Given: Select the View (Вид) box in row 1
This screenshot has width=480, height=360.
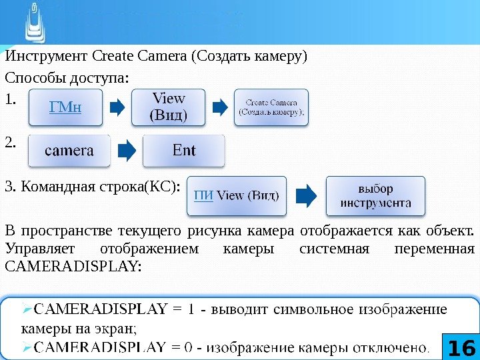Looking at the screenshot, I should [169, 107].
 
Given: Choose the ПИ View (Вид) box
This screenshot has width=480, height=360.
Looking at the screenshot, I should [237, 195].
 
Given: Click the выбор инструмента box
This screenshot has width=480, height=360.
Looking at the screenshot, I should [375, 195].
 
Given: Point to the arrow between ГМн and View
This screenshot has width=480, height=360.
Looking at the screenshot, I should [117, 107].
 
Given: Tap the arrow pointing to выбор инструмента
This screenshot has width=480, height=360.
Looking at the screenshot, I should [305, 195].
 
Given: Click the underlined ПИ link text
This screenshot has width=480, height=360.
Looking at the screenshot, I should [203, 195].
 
